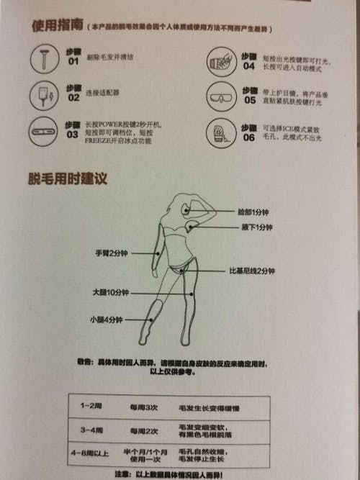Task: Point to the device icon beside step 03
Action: click(x=45, y=132)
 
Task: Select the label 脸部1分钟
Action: click(x=255, y=212)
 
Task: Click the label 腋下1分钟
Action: click(x=256, y=227)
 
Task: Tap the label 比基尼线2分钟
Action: click(x=252, y=271)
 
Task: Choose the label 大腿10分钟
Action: click(x=109, y=293)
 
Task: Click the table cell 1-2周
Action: click(x=91, y=407)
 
